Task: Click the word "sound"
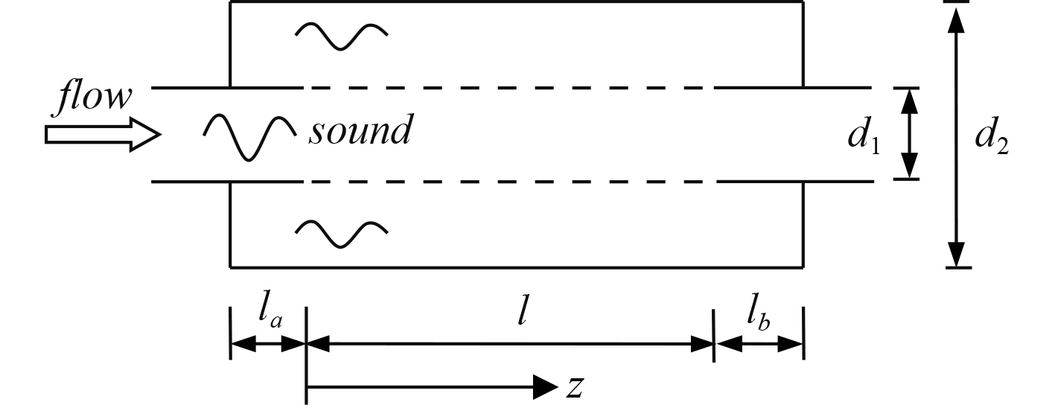[360, 132]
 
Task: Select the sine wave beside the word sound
[250, 138]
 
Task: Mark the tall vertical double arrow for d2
[957, 134]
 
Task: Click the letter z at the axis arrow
[574, 386]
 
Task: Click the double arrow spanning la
[268, 345]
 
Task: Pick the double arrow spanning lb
[759, 345]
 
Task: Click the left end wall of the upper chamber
[231, 45]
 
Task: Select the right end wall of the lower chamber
[803, 224]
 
